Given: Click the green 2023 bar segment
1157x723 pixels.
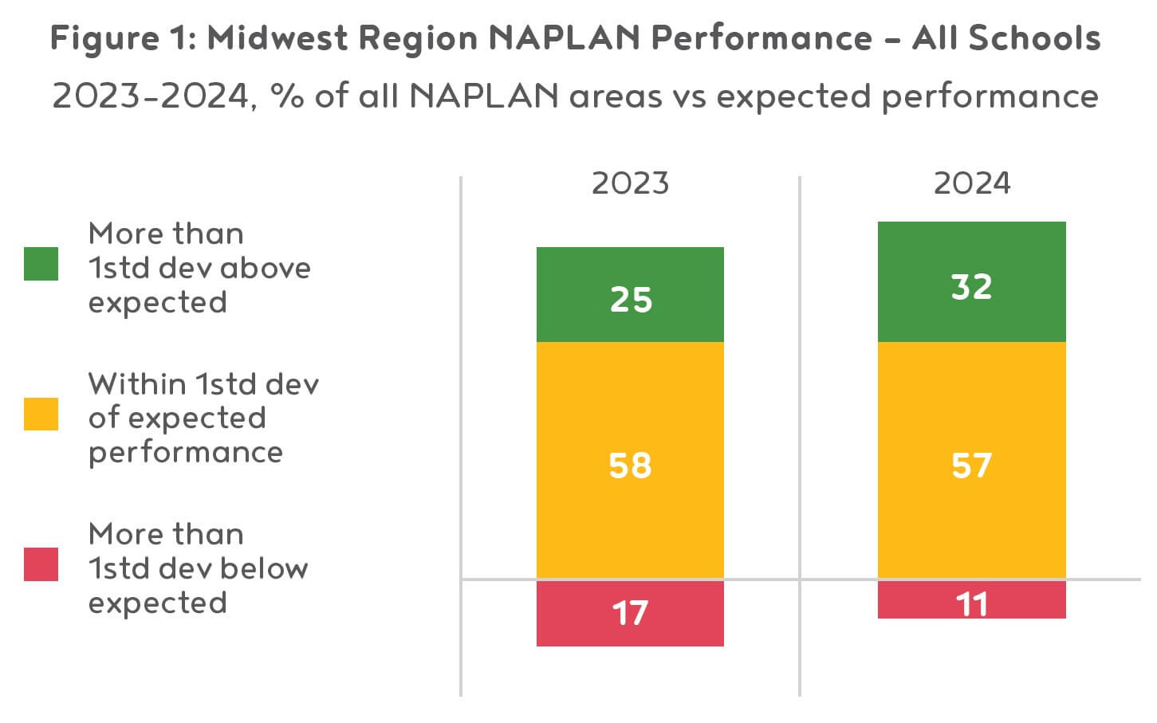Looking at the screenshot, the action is click(630, 294).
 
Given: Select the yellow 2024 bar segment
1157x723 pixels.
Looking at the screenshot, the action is click(971, 460).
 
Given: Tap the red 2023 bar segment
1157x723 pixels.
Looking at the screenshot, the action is click(630, 613).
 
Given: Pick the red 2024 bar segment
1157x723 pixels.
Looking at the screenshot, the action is click(971, 599).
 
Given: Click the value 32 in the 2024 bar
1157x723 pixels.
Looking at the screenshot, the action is click(971, 287).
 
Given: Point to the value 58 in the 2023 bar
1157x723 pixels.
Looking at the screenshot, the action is click(630, 466).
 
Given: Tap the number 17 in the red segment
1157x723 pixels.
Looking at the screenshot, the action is click(630, 613).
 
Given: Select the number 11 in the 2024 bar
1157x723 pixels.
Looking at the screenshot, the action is click(971, 604).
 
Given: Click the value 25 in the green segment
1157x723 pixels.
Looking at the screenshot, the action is click(631, 300).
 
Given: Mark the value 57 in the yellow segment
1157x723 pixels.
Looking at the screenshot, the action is click(971, 466).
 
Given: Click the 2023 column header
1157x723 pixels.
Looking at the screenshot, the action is click(630, 183).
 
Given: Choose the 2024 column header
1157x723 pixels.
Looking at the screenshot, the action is click(971, 183).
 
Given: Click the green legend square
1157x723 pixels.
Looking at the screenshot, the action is click(41, 264).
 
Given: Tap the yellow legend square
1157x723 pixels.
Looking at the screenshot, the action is click(41, 414).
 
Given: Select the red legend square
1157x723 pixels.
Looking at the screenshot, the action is click(41, 564).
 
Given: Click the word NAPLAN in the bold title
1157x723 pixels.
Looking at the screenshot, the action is click(564, 37).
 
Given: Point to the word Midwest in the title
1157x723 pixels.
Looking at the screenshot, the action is click(277, 37).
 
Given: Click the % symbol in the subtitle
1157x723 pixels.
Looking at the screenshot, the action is click(287, 96).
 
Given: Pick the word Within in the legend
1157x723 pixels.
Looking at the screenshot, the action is click(137, 384).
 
